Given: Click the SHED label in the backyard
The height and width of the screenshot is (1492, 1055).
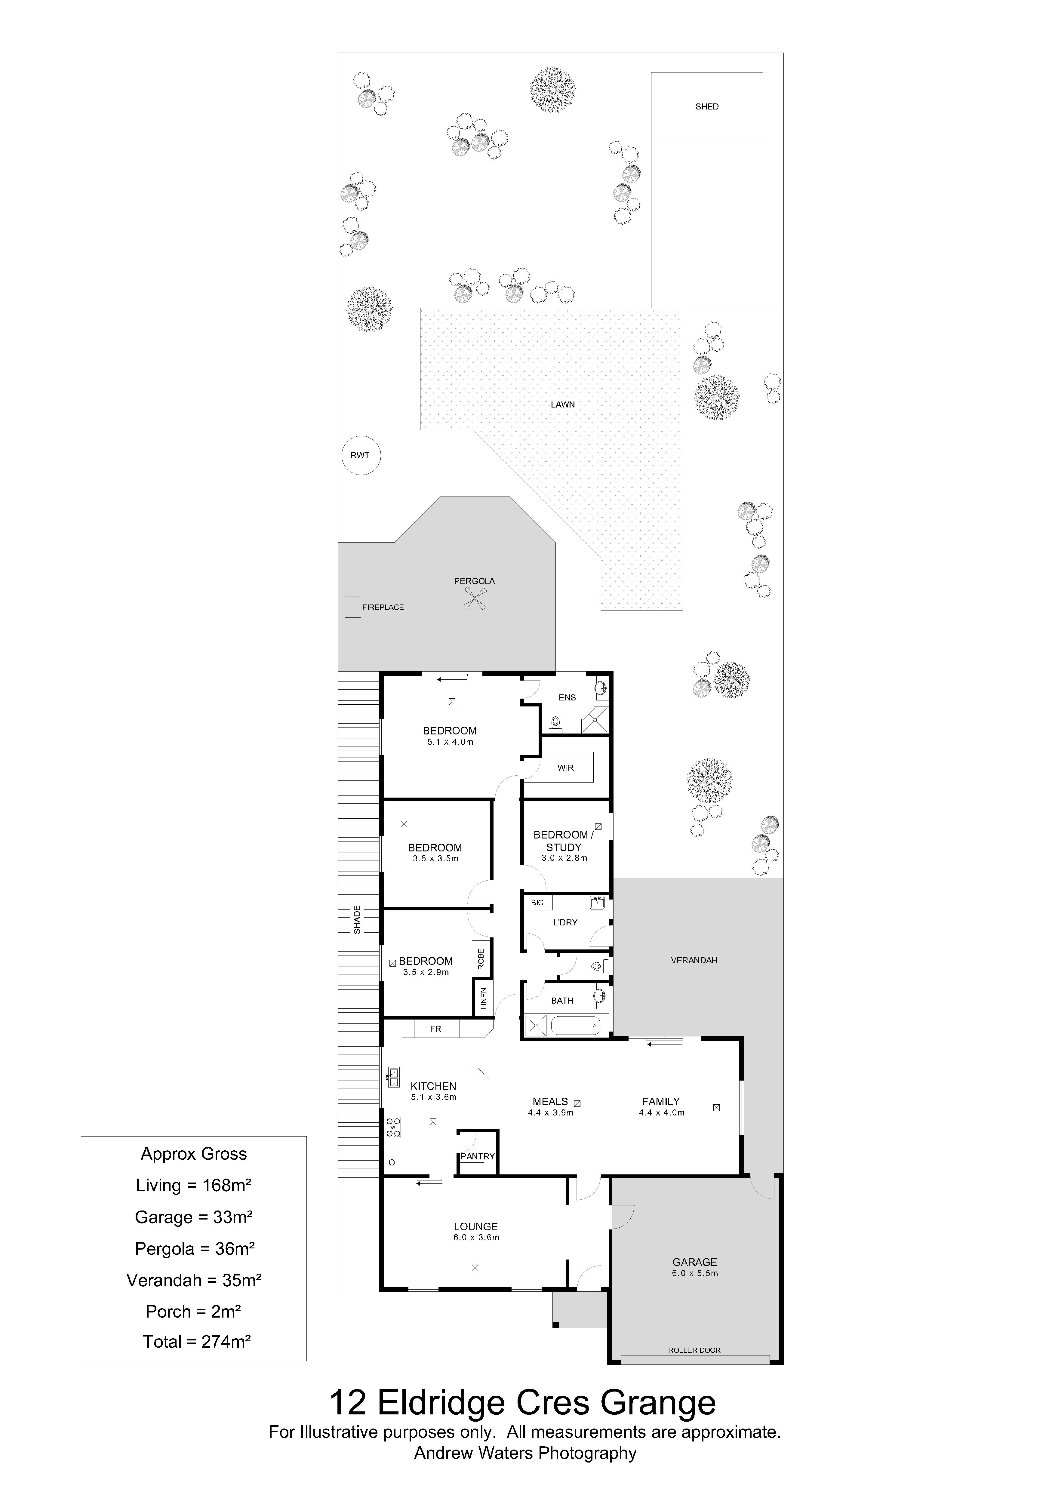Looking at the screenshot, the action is coord(707,106).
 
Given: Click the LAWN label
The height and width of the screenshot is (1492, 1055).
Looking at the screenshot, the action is coord(563,404).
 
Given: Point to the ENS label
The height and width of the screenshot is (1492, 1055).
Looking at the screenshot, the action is coord(567,697).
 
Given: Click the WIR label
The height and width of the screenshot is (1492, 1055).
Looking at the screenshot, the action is coord(565,768).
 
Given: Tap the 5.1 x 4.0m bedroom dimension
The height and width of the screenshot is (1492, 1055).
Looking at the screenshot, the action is coord(450,741).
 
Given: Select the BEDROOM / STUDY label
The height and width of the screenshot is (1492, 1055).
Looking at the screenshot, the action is coord(563,841).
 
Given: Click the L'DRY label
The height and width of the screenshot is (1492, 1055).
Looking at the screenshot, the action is coord(565,922).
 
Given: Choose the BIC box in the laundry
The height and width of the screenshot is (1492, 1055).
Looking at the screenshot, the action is coord(537,903).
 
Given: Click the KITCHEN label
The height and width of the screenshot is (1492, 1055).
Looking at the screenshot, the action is coord(433,1086).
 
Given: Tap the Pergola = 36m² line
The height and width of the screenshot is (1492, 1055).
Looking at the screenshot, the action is coord(194,1248).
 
